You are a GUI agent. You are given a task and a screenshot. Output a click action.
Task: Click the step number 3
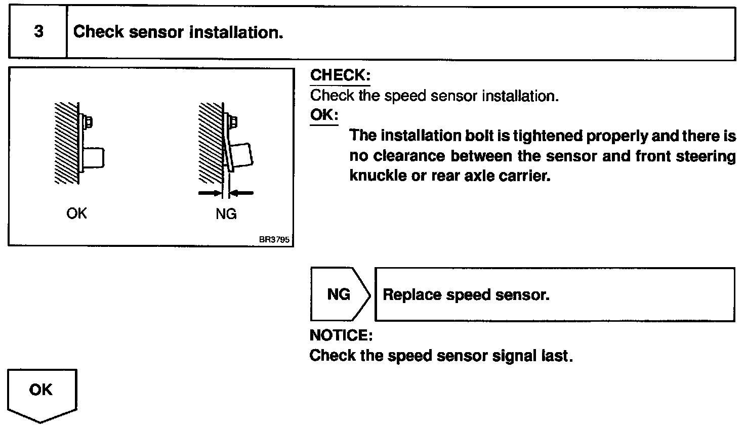tap(38, 32)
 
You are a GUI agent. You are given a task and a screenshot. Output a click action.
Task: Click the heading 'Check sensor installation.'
tap(178, 32)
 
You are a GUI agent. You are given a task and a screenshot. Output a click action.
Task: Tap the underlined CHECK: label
tap(340, 75)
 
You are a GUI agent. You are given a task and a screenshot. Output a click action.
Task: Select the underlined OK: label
tap(324, 115)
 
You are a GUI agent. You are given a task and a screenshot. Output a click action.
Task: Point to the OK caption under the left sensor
tap(76, 213)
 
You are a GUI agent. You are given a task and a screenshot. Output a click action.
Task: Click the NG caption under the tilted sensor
tap(226, 214)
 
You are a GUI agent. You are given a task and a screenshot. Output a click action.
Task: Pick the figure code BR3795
tap(274, 240)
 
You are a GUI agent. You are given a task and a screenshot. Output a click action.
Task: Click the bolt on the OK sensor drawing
tap(88, 122)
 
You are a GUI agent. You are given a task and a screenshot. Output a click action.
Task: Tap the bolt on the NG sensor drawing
tap(233, 122)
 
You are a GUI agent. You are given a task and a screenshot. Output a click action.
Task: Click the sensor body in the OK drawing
tap(94, 158)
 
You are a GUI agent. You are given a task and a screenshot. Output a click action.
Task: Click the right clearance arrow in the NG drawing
tap(241, 193)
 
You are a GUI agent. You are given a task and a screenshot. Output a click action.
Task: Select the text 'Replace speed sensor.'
tap(466, 295)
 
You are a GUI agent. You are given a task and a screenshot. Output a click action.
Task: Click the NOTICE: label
tap(341, 335)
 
